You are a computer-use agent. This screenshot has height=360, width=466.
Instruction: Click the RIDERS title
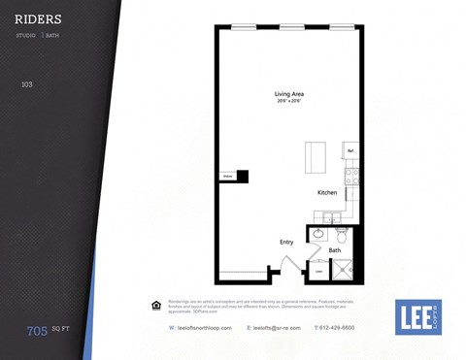click(x=39, y=18)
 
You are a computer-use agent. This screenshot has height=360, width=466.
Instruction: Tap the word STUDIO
click(x=26, y=35)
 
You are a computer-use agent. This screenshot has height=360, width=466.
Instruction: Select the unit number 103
click(x=27, y=84)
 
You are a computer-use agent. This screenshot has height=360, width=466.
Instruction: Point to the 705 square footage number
click(x=37, y=331)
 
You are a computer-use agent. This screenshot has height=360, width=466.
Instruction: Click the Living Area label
click(x=288, y=94)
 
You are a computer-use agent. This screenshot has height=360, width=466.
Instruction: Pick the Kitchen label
click(x=327, y=192)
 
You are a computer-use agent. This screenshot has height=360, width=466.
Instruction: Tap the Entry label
click(x=286, y=242)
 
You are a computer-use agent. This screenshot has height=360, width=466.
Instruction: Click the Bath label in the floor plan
click(x=334, y=250)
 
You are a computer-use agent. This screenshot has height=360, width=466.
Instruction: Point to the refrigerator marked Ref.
click(x=350, y=151)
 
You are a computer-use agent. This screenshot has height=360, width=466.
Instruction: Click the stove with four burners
click(x=351, y=178)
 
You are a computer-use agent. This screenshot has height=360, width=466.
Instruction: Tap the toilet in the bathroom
click(x=342, y=236)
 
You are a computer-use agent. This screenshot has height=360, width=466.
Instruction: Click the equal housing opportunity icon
click(x=155, y=306)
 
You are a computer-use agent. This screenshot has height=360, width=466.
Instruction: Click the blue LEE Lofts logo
click(x=417, y=316)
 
